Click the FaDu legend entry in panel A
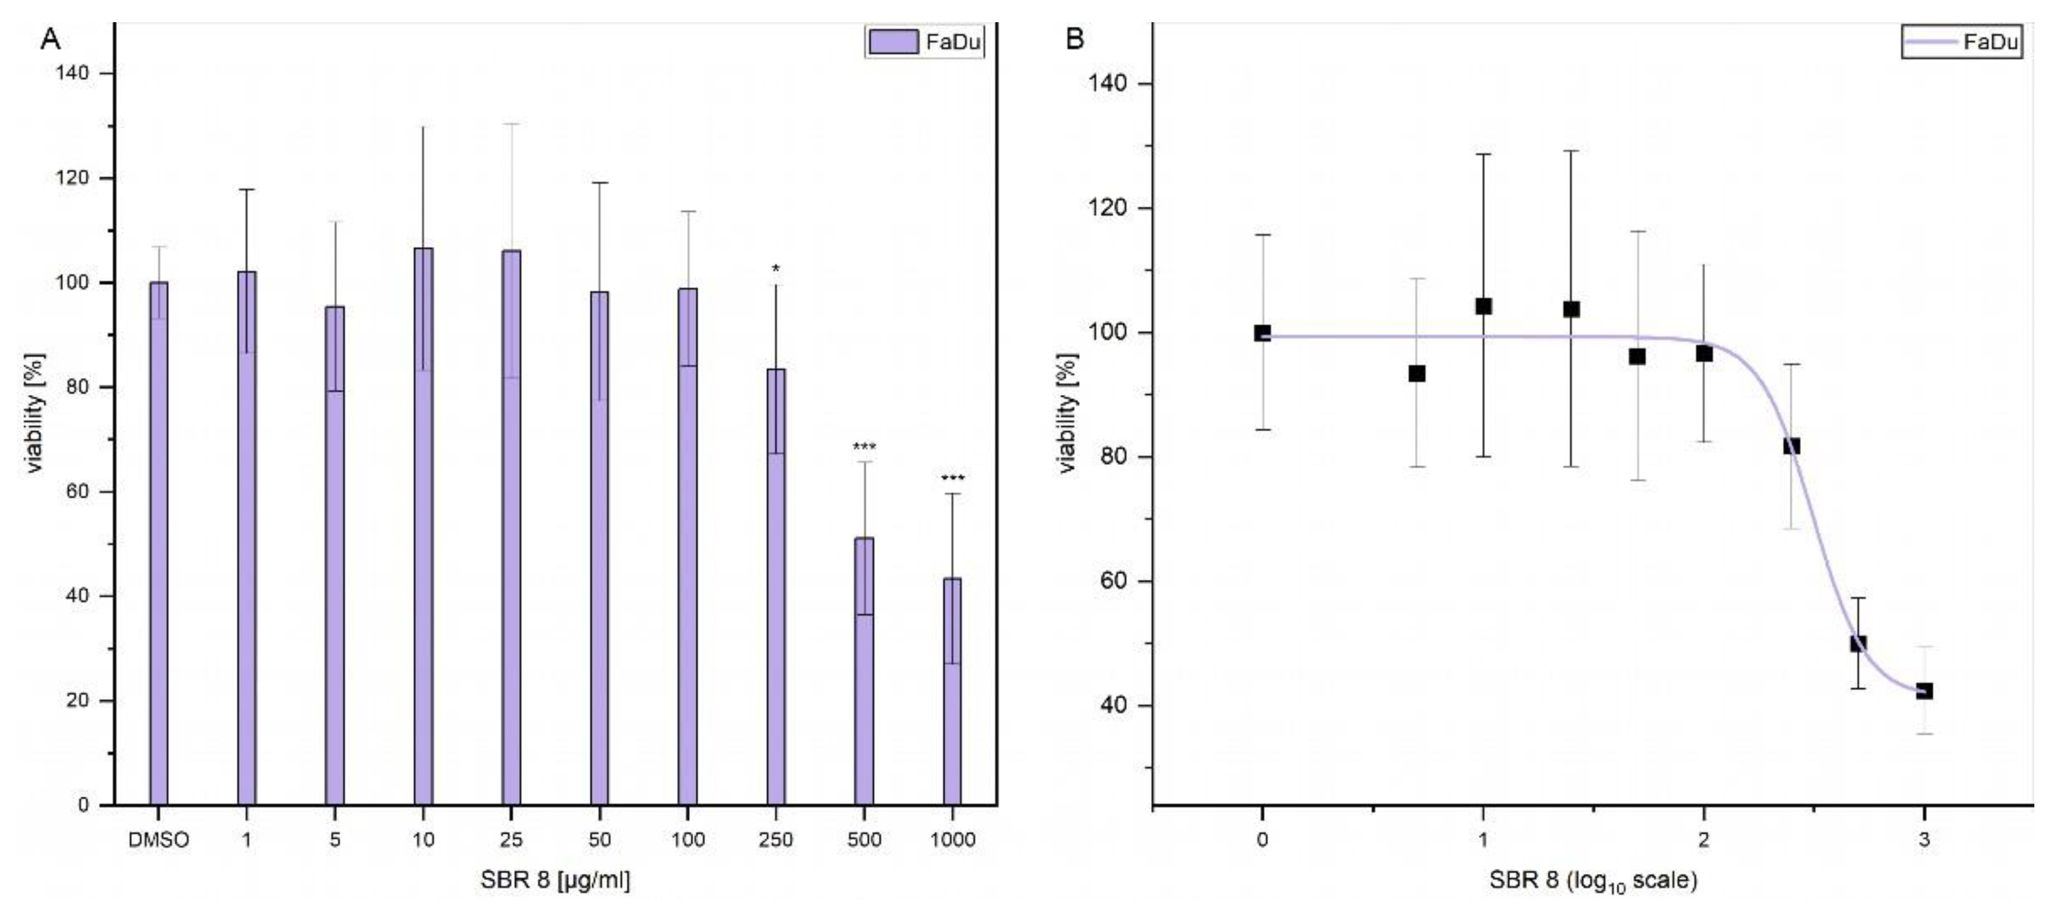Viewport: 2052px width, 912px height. (x=924, y=42)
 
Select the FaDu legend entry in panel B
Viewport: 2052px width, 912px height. (x=1961, y=42)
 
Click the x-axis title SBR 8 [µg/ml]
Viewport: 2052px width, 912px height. (x=555, y=880)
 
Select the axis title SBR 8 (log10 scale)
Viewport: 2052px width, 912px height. (x=1593, y=880)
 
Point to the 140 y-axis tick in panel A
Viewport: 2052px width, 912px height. (x=72, y=74)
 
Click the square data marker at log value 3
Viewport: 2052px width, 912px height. (x=1924, y=691)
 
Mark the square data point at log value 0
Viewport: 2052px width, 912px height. (x=1262, y=333)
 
